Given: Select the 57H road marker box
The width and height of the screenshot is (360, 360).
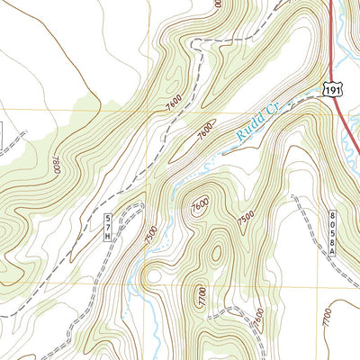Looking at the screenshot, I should pos(108,226).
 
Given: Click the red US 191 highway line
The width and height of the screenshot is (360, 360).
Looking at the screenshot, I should pos(330,36).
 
